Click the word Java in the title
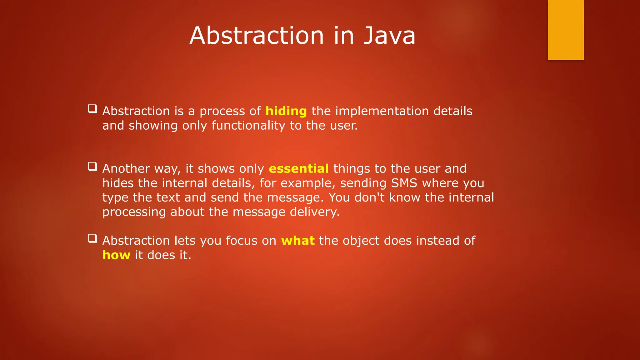point(389,36)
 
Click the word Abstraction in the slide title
point(257,36)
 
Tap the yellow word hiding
point(286,111)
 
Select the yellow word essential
point(298,169)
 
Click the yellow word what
point(297,241)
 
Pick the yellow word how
point(116,255)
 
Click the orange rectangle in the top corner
point(566,30)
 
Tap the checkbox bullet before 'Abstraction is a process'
point(92,109)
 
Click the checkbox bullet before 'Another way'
point(92,166)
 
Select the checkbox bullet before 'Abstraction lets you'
point(92,238)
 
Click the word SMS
point(404,183)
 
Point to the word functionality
point(248,126)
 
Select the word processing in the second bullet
point(134,212)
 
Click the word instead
point(437,241)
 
